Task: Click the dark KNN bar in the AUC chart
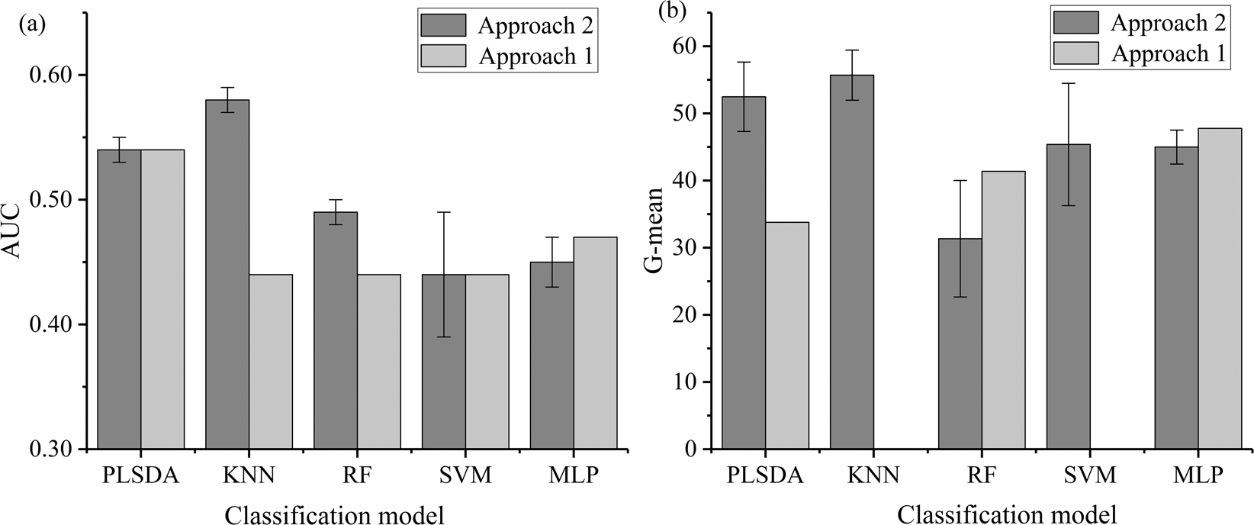click(x=227, y=275)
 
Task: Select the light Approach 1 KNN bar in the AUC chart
click(x=271, y=362)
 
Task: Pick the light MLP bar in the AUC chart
click(x=595, y=343)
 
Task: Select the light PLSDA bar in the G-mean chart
click(x=787, y=336)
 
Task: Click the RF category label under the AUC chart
click(x=357, y=476)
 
